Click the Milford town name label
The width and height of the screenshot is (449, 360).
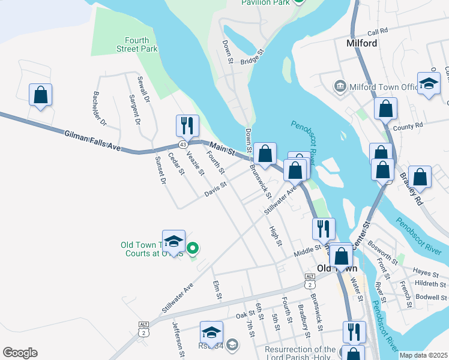click(362, 43)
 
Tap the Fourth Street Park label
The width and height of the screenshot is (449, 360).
click(133, 45)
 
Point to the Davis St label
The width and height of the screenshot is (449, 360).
click(214, 189)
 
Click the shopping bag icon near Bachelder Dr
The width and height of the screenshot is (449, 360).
click(40, 95)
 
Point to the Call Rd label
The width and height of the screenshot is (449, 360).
click(378, 32)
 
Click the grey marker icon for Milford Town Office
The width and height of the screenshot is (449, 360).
click(340, 87)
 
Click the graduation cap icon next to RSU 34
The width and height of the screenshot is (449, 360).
click(211, 332)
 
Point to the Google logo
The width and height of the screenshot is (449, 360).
click(20, 353)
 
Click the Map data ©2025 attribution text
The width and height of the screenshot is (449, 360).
click(423, 355)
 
